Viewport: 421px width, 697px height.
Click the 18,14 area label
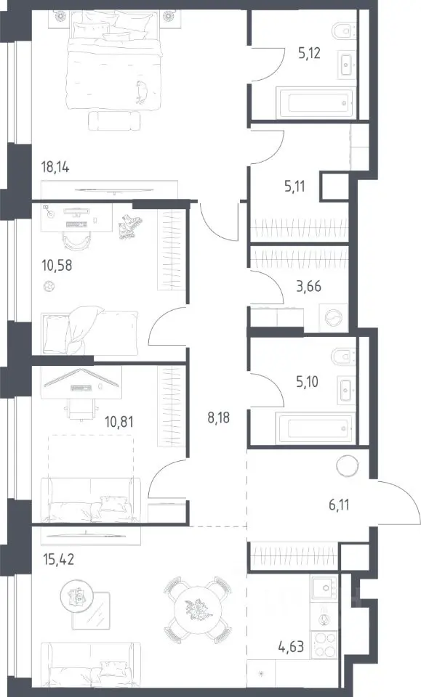click(55, 168)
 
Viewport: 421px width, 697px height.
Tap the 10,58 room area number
click(57, 266)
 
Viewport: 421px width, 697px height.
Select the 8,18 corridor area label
click(219, 417)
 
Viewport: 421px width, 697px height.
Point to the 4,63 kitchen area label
click(292, 645)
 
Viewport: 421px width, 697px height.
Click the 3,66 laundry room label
click(308, 286)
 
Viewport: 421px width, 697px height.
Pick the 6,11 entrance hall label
click(339, 505)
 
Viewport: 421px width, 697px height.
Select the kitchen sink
click(324, 589)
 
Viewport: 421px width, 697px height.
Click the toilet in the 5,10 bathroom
click(344, 356)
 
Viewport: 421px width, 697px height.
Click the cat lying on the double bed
click(143, 92)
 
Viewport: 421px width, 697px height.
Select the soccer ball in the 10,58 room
click(49, 287)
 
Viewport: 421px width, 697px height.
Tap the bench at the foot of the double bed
click(114, 121)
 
